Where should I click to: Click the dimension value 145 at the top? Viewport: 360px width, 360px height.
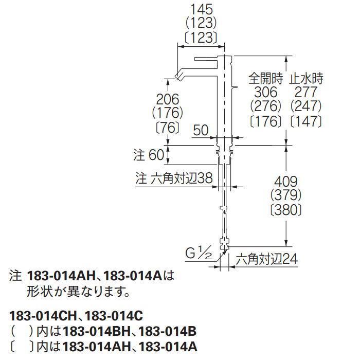point(202,10)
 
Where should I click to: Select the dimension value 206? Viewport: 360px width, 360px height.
point(167,99)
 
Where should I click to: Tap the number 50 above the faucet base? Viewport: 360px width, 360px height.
point(201,130)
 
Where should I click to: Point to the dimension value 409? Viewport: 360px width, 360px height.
point(286,182)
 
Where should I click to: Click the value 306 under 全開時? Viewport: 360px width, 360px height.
point(266,92)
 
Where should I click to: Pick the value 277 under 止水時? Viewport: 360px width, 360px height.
point(306,92)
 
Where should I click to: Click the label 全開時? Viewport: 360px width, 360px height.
point(266,78)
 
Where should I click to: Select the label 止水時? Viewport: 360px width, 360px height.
point(306,78)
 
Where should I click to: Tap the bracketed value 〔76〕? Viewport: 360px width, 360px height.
point(167,127)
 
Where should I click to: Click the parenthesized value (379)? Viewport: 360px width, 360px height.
point(286,195)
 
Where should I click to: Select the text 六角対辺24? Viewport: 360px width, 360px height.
point(267,259)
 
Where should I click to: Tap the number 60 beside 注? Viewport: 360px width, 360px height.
point(156,155)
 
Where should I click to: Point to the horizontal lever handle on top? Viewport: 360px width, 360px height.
point(206,59)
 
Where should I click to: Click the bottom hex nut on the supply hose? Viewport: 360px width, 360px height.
point(225,243)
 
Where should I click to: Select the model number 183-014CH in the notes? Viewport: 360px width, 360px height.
point(43,316)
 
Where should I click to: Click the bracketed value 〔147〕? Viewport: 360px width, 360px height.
point(306,121)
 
